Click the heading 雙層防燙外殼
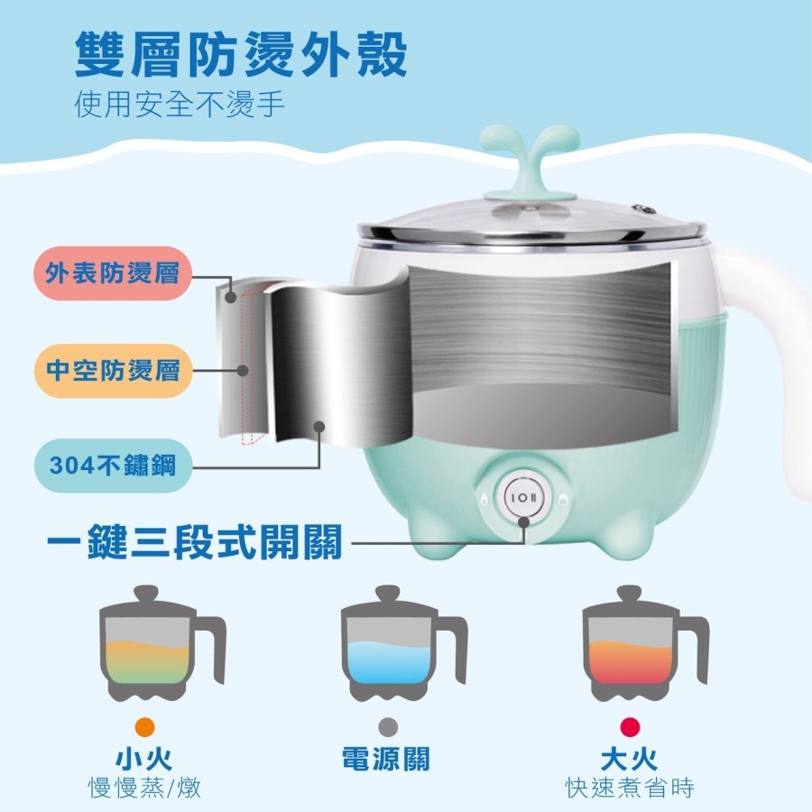(241, 53)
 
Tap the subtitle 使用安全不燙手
(180, 105)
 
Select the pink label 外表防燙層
(113, 273)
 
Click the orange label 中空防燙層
(113, 371)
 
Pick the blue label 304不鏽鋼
(113, 465)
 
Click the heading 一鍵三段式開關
(195, 542)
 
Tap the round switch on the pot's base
(523, 498)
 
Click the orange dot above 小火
(144, 727)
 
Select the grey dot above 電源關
(388, 727)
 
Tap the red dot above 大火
(630, 727)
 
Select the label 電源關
(386, 759)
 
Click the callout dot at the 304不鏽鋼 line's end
(319, 427)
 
